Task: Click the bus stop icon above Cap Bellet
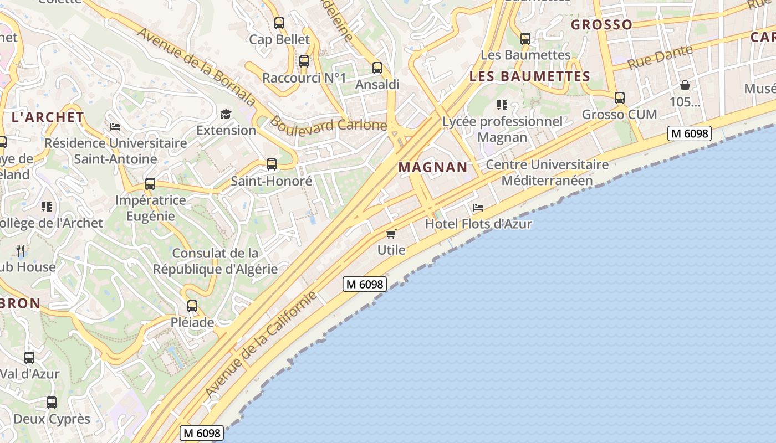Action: click(x=279, y=23)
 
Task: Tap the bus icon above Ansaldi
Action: click(x=377, y=68)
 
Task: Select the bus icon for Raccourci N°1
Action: click(x=304, y=61)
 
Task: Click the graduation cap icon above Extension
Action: click(x=226, y=114)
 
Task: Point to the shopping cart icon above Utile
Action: click(x=391, y=234)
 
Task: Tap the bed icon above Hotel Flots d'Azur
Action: click(x=478, y=208)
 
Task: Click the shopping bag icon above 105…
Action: click(x=685, y=85)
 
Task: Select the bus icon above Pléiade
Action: click(x=192, y=306)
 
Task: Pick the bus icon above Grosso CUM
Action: click(x=620, y=98)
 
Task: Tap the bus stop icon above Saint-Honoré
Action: click(x=272, y=164)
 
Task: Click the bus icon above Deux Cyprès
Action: click(x=52, y=403)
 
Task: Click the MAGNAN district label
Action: click(x=433, y=167)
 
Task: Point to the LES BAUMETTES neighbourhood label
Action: click(x=529, y=76)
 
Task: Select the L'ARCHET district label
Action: click(x=48, y=117)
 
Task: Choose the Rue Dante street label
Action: click(x=660, y=57)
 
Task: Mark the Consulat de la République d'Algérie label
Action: click(x=215, y=261)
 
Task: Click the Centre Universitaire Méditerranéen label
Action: click(x=547, y=173)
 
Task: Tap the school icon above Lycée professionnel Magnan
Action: click(x=502, y=105)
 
